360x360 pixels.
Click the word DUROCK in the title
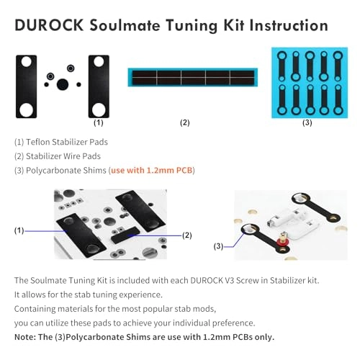click(49, 25)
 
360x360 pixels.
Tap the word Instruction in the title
click(289, 25)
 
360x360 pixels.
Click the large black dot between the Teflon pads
click(63, 84)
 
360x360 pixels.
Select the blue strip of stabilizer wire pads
click(193, 77)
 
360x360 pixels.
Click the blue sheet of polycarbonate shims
click(310, 83)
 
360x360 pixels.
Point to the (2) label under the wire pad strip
click(185, 122)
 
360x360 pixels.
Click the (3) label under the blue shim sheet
click(307, 122)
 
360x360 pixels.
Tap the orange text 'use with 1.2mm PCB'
click(152, 170)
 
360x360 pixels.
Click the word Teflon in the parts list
click(38, 142)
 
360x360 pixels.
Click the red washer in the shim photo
click(283, 241)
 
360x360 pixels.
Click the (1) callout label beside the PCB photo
click(19, 230)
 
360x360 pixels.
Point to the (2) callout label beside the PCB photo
click(187, 235)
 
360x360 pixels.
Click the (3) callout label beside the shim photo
click(218, 246)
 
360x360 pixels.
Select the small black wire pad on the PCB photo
click(125, 235)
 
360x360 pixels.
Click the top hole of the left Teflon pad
click(26, 62)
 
